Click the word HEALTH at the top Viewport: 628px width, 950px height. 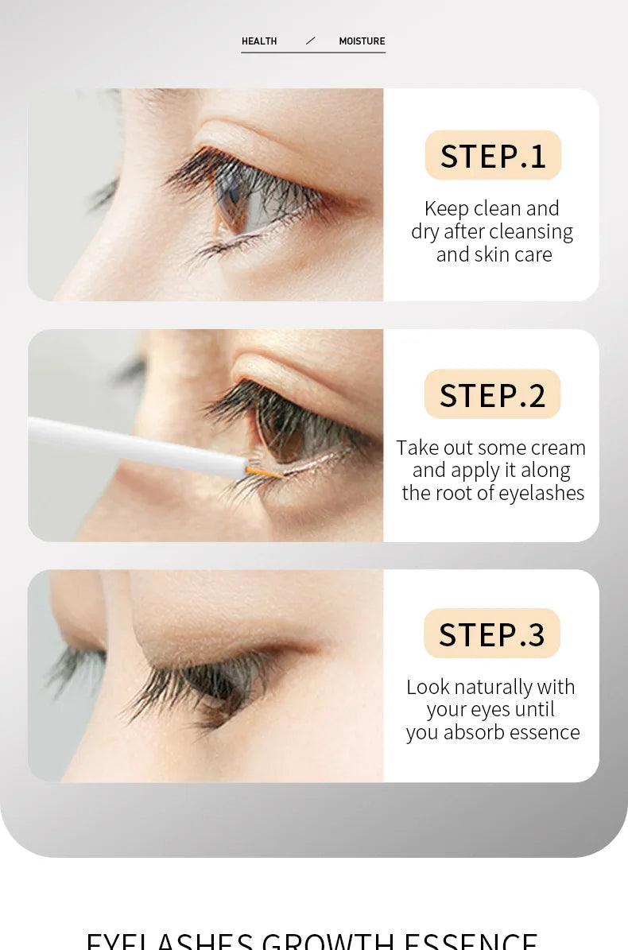(259, 41)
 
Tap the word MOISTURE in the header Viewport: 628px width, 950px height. (362, 41)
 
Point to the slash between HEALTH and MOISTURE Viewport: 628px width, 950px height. (310, 41)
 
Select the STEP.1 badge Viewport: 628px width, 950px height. (493, 155)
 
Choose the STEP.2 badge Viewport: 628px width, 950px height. (493, 394)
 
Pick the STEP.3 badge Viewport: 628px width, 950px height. (492, 634)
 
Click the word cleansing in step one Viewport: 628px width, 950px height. (530, 231)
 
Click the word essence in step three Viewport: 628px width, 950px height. (545, 732)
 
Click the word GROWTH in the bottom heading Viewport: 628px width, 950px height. (328, 942)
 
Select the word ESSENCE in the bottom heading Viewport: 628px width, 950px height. (471, 942)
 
